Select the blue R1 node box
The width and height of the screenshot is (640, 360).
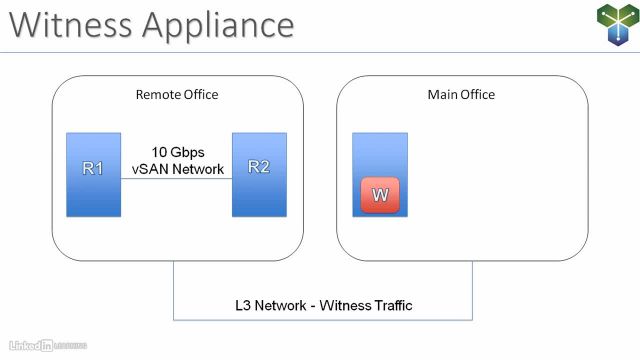94,174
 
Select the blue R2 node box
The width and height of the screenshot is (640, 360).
259,174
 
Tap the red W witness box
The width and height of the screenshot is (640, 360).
380,195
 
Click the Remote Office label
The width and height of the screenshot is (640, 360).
177,95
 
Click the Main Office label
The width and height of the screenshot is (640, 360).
461,95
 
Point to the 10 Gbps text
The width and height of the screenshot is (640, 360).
177,153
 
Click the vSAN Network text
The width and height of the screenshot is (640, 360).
177,170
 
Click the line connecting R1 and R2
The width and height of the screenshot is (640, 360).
177,179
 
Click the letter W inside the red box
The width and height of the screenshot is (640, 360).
380,195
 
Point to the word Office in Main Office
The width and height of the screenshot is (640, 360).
477,95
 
